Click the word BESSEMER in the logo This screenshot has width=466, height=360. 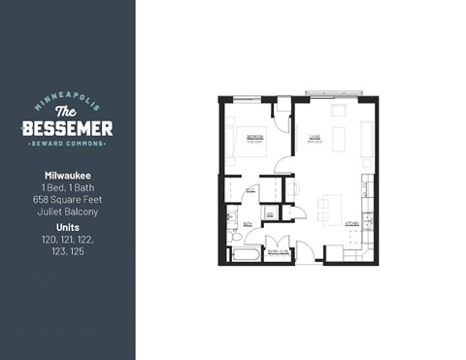click(x=67, y=129)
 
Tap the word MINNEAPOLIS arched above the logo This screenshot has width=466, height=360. click(x=67, y=100)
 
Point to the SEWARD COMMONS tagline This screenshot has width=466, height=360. click(x=67, y=147)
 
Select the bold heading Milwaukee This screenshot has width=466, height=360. click(x=67, y=176)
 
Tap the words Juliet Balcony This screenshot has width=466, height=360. click(x=67, y=211)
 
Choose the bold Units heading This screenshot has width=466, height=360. click(x=67, y=226)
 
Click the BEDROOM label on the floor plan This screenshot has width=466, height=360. click(x=256, y=137)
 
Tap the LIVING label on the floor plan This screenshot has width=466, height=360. click(x=315, y=137)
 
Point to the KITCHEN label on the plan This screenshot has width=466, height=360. click(x=352, y=223)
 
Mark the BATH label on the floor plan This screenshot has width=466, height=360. click(x=248, y=223)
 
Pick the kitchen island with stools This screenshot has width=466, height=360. click(x=329, y=207)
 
